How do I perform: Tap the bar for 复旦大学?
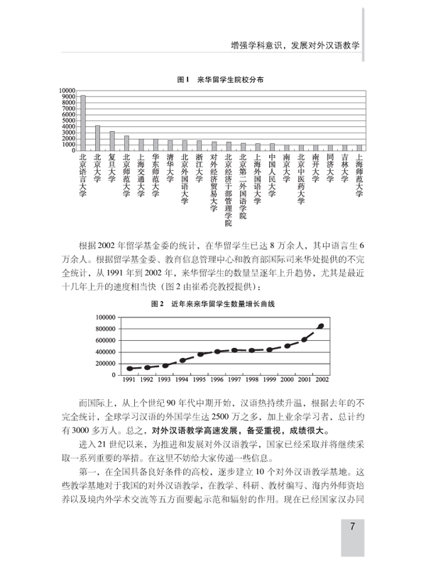coord(111,140)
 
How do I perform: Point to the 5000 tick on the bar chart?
coord(68,120)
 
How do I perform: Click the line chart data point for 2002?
coord(321,326)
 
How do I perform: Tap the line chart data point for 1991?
coord(129,369)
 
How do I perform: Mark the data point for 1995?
coord(201,354)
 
